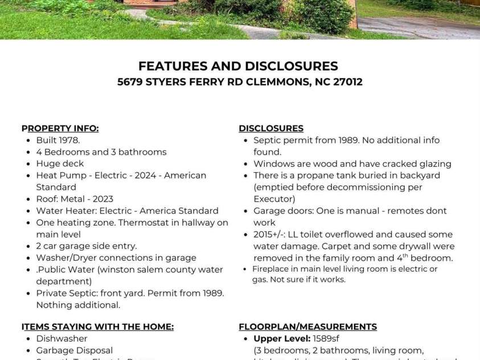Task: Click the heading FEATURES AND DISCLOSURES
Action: click(x=238, y=66)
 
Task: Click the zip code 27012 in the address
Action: click(x=344, y=82)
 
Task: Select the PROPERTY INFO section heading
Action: click(x=60, y=128)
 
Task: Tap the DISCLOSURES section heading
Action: click(x=271, y=128)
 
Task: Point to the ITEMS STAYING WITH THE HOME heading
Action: click(x=97, y=326)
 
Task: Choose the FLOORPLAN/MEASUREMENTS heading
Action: click(x=307, y=326)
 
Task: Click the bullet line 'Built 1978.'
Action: click(x=58, y=140)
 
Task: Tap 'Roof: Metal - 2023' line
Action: click(x=75, y=199)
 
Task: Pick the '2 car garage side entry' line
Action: click(x=87, y=246)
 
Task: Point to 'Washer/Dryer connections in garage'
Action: click(x=116, y=257)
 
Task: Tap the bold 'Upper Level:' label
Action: click(x=282, y=338)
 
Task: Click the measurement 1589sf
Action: click(x=326, y=338)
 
